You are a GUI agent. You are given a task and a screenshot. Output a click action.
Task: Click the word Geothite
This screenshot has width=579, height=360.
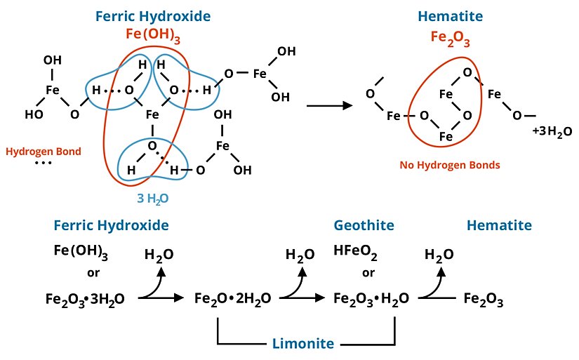(364, 225)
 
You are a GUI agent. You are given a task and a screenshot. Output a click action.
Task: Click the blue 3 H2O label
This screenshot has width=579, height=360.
(153, 199)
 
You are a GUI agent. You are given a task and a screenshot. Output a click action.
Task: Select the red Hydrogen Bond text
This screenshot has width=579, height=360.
(43, 151)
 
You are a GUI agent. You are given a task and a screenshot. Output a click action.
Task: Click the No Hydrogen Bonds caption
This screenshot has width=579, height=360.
(441, 165)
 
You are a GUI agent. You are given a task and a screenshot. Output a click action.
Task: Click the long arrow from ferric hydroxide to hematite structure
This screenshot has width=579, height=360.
(329, 106)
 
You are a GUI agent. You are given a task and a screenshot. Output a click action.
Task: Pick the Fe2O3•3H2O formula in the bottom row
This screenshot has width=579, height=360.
(85, 299)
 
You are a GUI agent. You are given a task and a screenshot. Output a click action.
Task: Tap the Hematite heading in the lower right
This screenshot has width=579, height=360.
(499, 225)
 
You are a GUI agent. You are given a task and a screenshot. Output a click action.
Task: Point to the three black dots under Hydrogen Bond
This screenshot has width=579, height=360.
(43, 164)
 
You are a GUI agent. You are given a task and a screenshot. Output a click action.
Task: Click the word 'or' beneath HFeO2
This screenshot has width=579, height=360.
(367, 272)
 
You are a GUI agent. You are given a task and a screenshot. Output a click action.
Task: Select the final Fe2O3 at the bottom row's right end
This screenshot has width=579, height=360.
(484, 299)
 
